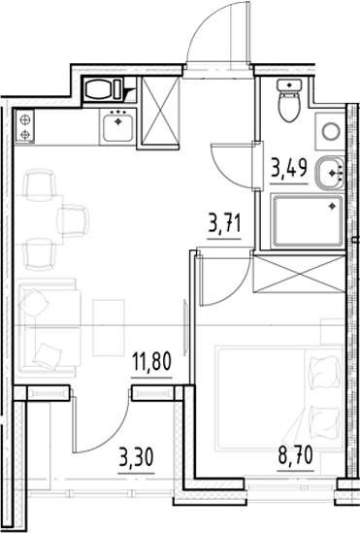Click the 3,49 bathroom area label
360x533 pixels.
click(x=289, y=168)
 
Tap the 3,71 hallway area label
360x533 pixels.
click(x=224, y=224)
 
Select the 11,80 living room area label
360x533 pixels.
click(x=151, y=362)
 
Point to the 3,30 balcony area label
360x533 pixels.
click(x=136, y=457)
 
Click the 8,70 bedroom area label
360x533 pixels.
click(x=295, y=455)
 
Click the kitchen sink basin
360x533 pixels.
click(x=117, y=128)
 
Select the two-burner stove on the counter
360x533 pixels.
click(x=25, y=126)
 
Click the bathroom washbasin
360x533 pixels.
click(x=330, y=173)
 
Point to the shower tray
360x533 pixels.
click(x=308, y=220)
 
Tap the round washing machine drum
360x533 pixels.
click(x=331, y=131)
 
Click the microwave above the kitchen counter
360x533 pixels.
click(x=104, y=89)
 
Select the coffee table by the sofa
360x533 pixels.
click(x=109, y=328)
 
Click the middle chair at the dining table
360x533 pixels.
click(x=73, y=220)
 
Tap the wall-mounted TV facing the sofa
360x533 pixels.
click(x=185, y=328)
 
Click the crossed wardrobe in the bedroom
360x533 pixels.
click(x=299, y=274)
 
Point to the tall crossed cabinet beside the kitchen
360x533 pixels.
click(x=160, y=112)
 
